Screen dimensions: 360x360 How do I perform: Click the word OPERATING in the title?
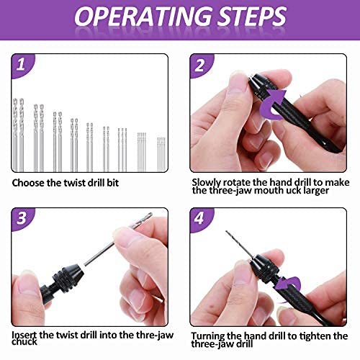pos(143,16)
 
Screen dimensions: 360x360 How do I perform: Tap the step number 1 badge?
pos(22,65)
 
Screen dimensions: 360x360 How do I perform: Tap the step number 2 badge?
pos(200,65)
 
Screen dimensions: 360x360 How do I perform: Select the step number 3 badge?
pos(22,218)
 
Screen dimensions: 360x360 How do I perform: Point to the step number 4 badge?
pos(200,218)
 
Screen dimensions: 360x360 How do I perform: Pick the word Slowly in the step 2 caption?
pos(206,183)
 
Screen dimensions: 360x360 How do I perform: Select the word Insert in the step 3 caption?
pos(24,335)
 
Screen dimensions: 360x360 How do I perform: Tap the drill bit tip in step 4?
pos(226,231)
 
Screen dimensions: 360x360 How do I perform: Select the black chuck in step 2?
pos(261,86)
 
